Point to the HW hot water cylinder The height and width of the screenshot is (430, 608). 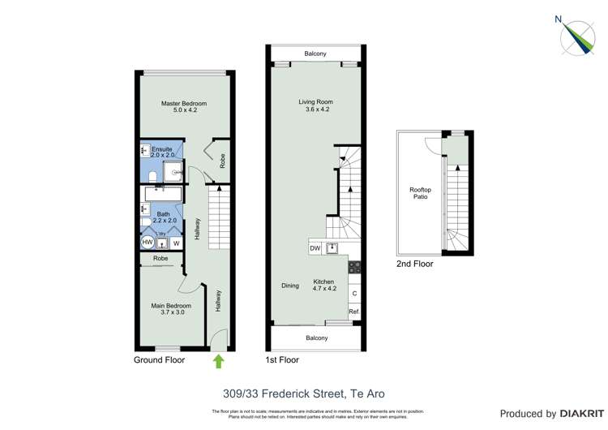(148, 243)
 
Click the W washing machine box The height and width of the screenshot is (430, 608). (176, 243)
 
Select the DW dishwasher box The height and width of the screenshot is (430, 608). (315, 248)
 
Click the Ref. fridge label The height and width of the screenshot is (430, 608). (353, 312)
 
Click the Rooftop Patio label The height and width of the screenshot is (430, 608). (420, 193)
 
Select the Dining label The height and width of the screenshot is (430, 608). (290, 286)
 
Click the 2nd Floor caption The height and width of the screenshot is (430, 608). (414, 264)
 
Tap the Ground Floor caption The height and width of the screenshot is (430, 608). (159, 359)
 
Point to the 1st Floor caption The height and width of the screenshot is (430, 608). (282, 359)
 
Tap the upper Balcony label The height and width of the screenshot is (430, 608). (315, 54)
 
